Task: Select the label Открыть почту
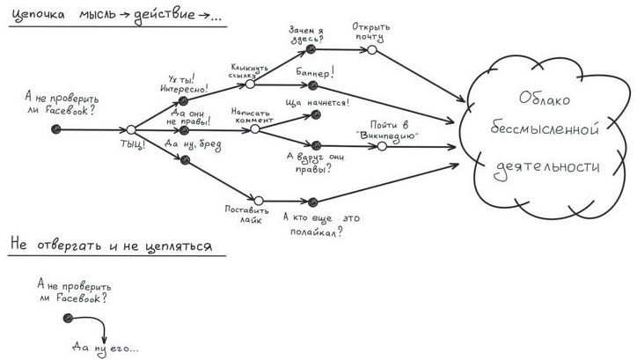(x=371, y=32)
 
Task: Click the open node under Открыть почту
(x=371, y=49)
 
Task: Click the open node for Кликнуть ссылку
(x=250, y=84)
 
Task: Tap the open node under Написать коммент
(x=254, y=129)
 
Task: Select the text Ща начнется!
(x=318, y=102)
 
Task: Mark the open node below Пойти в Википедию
(x=382, y=146)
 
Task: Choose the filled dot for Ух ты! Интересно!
(x=184, y=101)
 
